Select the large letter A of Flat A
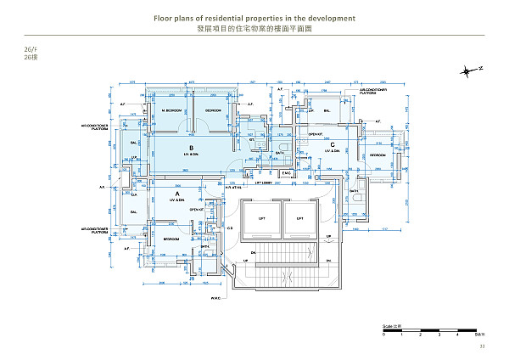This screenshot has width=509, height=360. [x=176, y=193]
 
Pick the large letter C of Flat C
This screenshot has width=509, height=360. [x=332, y=145]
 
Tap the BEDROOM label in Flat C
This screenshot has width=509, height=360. [x=377, y=155]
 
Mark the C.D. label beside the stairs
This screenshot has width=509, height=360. [x=229, y=228]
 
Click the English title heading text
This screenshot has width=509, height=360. [x=255, y=18]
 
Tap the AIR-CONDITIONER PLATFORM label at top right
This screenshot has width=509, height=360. [x=373, y=91]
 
